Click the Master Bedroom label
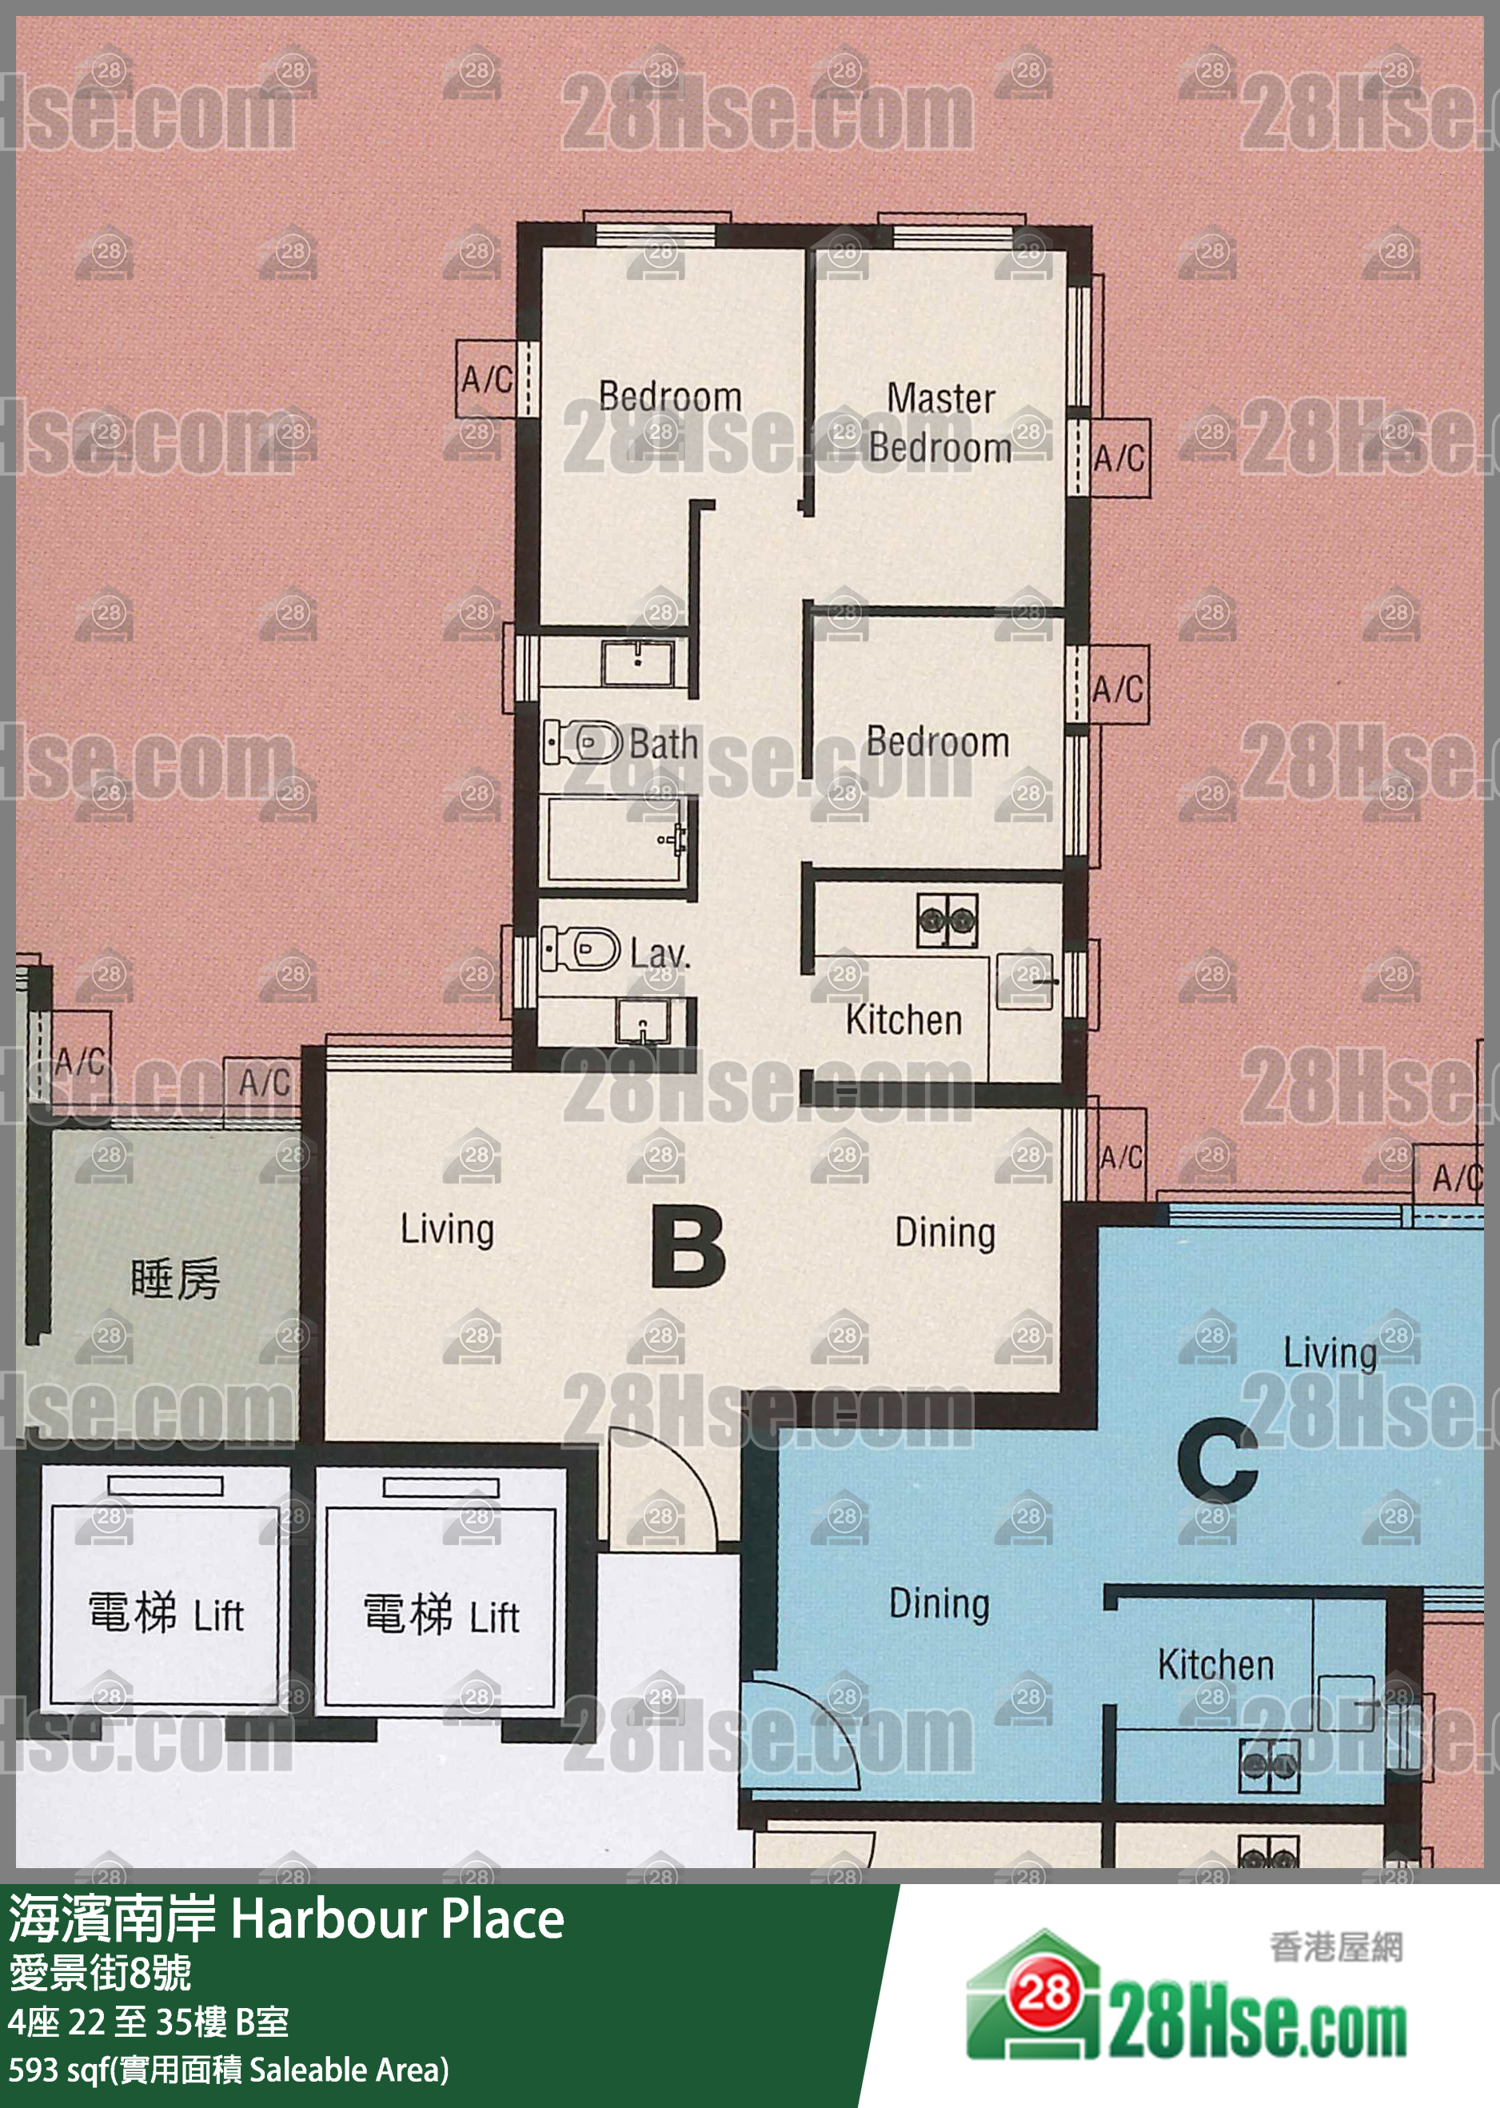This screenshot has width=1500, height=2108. point(940,423)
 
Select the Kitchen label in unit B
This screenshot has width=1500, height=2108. point(904,1020)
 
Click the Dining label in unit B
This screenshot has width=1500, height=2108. point(945,1233)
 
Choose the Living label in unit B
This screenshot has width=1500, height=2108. point(447,1229)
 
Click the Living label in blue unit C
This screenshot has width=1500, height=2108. point(1330,1353)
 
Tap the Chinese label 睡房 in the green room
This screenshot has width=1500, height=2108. point(175,1279)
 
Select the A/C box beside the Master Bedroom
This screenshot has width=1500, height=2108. point(1120,457)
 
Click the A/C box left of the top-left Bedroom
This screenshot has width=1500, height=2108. point(487,379)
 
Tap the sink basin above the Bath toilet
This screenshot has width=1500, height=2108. point(637,662)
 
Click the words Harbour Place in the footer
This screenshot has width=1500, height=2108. point(397,1919)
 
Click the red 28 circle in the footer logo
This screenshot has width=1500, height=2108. point(1044,1994)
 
